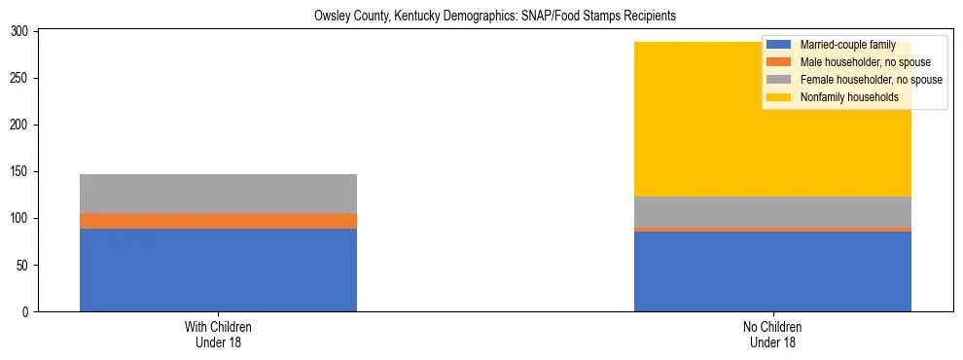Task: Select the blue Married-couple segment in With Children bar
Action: pos(218,270)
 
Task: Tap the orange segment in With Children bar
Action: pos(218,221)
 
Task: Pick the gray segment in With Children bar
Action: pos(218,194)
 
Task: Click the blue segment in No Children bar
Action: pos(772,271)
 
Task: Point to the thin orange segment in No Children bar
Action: pos(772,230)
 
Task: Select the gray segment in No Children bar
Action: pos(772,212)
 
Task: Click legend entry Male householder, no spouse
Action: pos(857,63)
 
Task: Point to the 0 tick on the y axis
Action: pos(28,312)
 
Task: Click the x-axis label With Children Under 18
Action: pos(218,335)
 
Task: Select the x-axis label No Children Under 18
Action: pos(772,335)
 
